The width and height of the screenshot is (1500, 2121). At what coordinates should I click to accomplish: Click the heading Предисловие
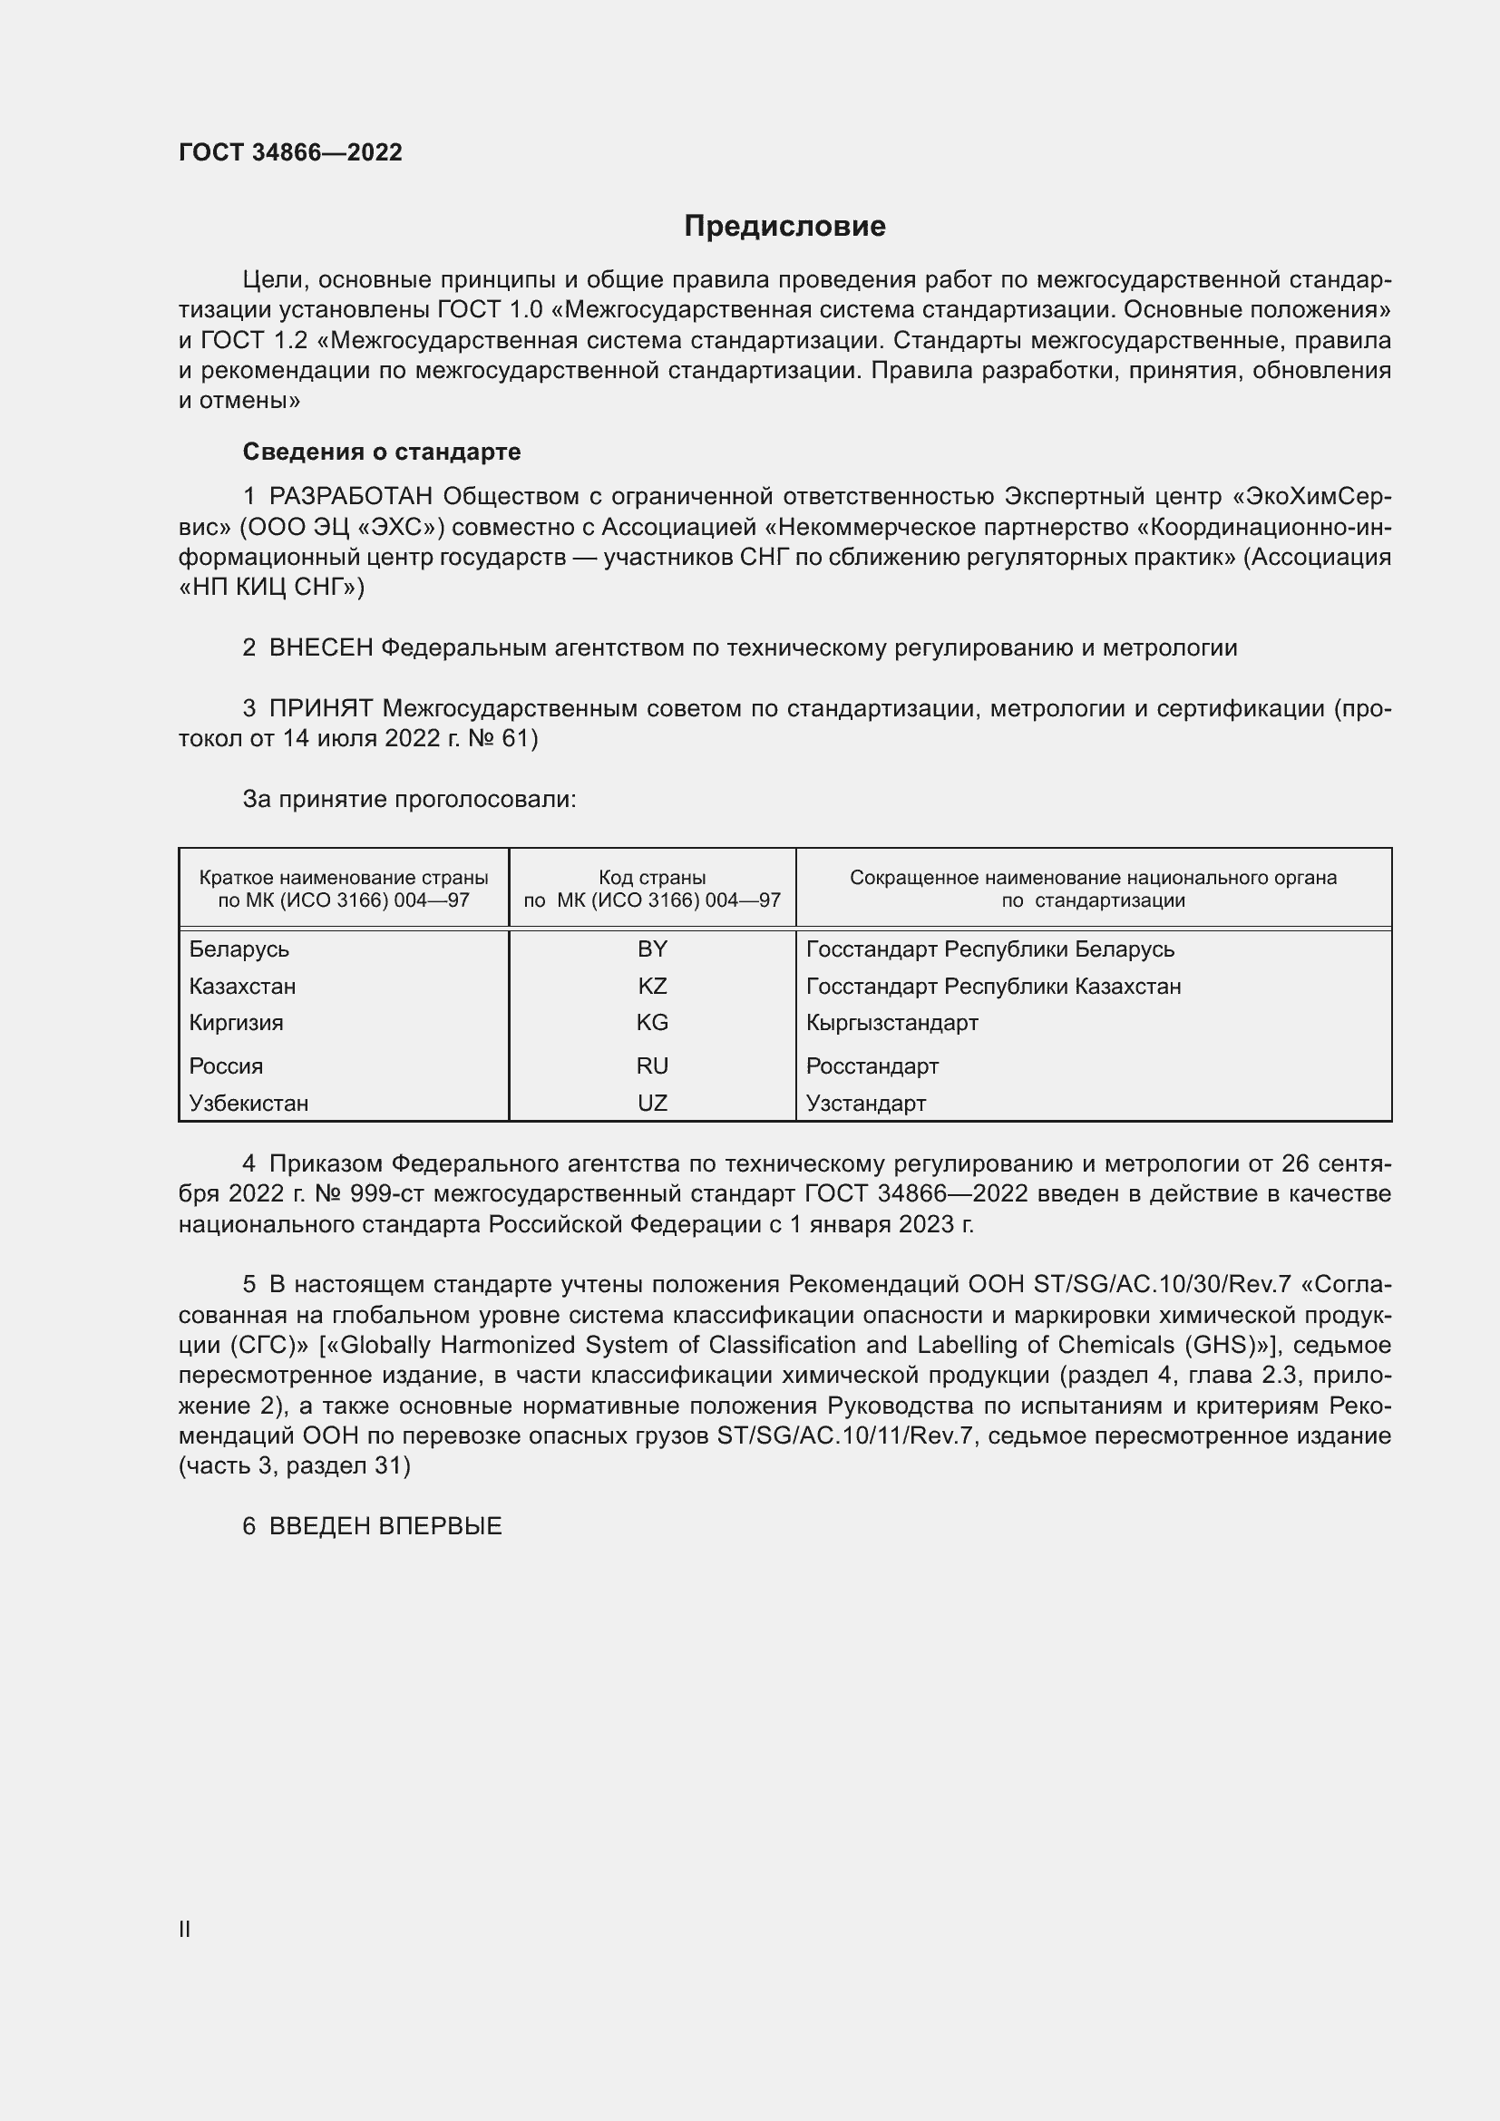(x=784, y=227)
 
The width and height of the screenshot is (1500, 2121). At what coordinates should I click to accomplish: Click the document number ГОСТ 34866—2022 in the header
(x=290, y=152)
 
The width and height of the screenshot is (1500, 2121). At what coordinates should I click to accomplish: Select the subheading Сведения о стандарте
(x=382, y=452)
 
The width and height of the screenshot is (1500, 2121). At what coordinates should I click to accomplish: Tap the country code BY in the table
(x=652, y=949)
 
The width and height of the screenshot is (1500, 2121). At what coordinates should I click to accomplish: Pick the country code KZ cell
(x=652, y=986)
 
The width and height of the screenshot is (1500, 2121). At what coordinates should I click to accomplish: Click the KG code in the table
(x=652, y=1023)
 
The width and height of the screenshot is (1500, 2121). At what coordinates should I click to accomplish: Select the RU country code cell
(x=652, y=1065)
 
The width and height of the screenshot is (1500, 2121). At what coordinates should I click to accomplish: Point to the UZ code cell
(x=652, y=1102)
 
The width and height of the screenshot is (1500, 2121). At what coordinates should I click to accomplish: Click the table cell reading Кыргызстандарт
(x=891, y=1023)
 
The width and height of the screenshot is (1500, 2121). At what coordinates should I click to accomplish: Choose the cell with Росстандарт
(x=872, y=1066)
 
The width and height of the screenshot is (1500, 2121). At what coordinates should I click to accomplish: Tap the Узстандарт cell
(x=865, y=1103)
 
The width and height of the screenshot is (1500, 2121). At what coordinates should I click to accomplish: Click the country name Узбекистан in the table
(x=248, y=1103)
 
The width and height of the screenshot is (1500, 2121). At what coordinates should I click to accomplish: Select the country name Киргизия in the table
(x=237, y=1023)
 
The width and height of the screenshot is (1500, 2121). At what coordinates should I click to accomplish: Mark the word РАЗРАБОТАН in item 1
(x=351, y=497)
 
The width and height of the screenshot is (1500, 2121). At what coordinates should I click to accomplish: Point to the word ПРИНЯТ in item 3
(x=320, y=708)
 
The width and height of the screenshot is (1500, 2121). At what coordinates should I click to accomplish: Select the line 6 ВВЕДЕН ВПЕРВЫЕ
(x=372, y=1526)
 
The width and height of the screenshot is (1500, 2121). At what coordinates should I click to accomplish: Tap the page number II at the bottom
(x=185, y=1929)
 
